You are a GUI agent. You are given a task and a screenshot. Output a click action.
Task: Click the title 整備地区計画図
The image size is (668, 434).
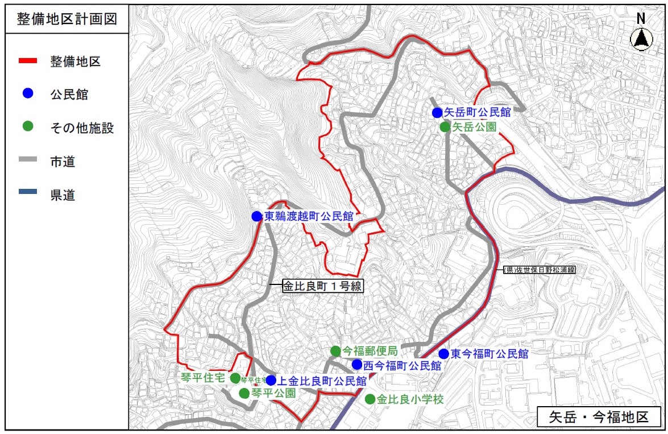pyautogui.click(x=67, y=19)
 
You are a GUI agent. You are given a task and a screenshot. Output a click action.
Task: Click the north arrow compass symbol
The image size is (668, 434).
pyautogui.click(x=641, y=38)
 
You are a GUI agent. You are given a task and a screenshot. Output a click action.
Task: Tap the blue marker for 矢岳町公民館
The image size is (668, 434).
pyautogui.click(x=437, y=112)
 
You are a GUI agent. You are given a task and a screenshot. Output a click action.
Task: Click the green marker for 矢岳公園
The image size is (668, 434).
pyautogui.click(x=445, y=127)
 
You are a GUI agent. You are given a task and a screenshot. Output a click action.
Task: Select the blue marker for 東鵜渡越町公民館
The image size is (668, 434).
pyautogui.click(x=257, y=216)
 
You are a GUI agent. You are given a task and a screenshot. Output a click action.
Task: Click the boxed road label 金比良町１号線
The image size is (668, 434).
pyautogui.click(x=323, y=286)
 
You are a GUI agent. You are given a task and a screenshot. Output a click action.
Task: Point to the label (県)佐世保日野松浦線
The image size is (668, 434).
pyautogui.click(x=538, y=271)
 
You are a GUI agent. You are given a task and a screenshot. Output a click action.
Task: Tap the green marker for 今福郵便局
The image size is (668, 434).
pyautogui.click(x=336, y=351)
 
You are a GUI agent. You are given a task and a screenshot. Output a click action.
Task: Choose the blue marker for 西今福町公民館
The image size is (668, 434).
pyautogui.click(x=357, y=364)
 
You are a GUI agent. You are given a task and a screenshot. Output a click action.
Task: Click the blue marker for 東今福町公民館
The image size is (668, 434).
pyautogui.click(x=443, y=354)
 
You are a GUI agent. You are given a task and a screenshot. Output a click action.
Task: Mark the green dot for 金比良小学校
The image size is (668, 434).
pyautogui.click(x=370, y=399)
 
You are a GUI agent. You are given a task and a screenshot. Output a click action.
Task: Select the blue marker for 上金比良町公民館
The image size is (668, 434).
pyautogui.click(x=271, y=380)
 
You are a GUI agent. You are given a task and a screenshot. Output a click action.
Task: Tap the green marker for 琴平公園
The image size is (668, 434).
pyautogui.click(x=244, y=393)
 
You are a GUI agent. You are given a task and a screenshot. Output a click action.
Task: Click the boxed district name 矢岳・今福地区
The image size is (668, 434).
pyautogui.click(x=599, y=416)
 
